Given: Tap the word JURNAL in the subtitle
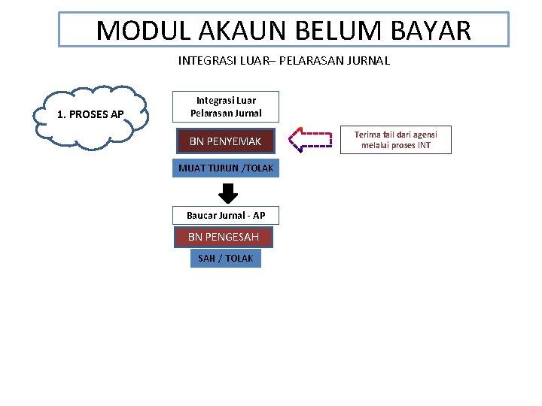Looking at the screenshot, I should click(x=367, y=61).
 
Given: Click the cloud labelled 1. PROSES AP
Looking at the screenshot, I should click(x=91, y=115).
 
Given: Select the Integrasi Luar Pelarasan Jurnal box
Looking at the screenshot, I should click(x=226, y=107).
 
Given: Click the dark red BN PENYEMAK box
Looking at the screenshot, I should click(x=225, y=141).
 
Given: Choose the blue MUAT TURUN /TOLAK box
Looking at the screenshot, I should click(x=226, y=168).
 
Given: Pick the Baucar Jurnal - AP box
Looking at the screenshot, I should click(x=226, y=216).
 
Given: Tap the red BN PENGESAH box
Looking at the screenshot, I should click(x=224, y=237).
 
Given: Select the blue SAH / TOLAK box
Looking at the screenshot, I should click(x=225, y=259).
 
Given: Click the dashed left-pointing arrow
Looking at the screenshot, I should click(x=310, y=140).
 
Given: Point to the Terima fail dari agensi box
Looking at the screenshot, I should click(x=395, y=140).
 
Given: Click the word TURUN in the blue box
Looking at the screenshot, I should click(x=221, y=168).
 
